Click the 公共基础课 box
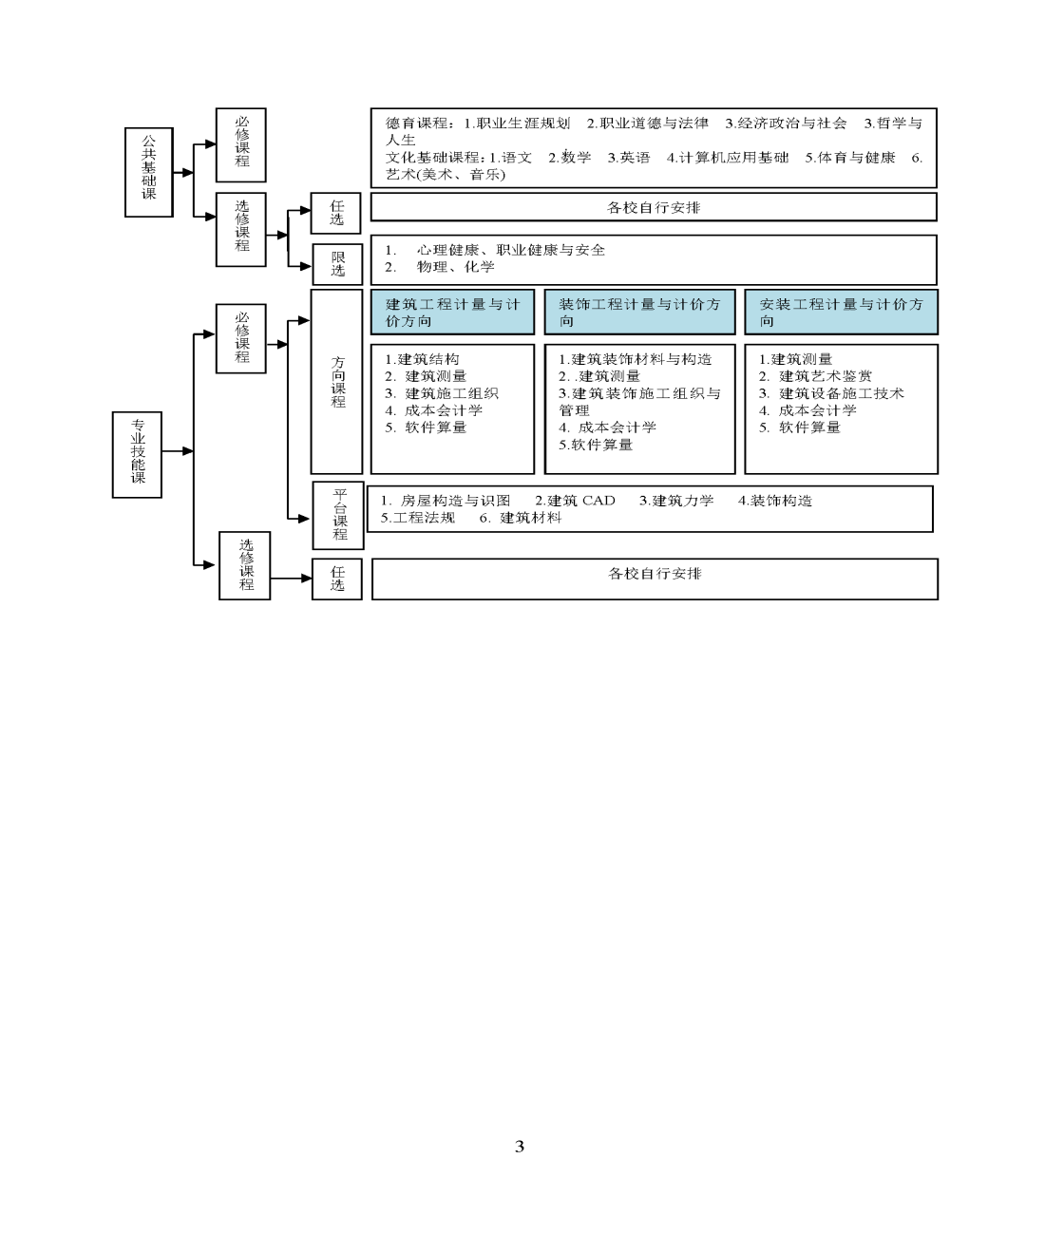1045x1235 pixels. pyautogui.click(x=149, y=172)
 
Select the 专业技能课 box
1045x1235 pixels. pyautogui.click(x=137, y=454)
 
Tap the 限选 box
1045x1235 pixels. pyautogui.click(x=337, y=264)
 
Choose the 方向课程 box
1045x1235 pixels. pyautogui.click(x=336, y=382)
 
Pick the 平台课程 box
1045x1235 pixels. pyautogui.click(x=338, y=515)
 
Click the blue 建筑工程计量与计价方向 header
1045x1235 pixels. pyautogui.click(x=452, y=312)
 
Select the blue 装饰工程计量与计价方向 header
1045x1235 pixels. pyautogui.click(x=639, y=312)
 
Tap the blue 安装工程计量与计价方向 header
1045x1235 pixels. pyautogui.click(x=842, y=312)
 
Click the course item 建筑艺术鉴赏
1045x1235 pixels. pyautogui.click(x=826, y=376)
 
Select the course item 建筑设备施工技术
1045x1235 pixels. pyautogui.click(x=842, y=393)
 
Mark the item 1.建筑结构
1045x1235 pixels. pyautogui.click(x=422, y=359)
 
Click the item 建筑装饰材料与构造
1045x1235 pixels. pyautogui.click(x=641, y=359)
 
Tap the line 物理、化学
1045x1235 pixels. pyautogui.click(x=455, y=267)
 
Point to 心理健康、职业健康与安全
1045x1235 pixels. pyautogui.click(x=511, y=250)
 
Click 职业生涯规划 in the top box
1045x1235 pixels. pyautogui.click(x=523, y=123)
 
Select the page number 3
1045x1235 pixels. pyautogui.click(x=520, y=1146)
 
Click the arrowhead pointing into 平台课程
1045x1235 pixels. pyautogui.click(x=305, y=519)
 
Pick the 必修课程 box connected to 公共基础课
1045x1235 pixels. pyautogui.click(x=240, y=144)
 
